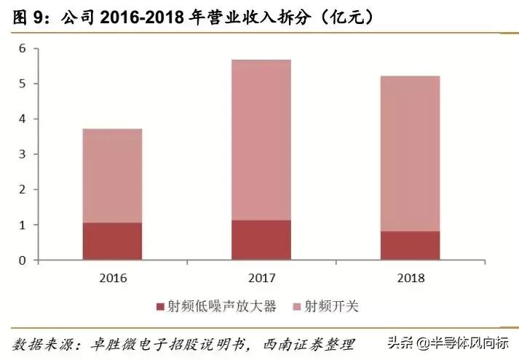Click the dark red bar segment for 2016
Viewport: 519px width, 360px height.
(x=112, y=241)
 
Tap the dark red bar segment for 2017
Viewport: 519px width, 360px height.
(x=261, y=240)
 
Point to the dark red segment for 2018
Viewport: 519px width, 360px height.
(x=410, y=246)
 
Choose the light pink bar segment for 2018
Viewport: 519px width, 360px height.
(x=410, y=153)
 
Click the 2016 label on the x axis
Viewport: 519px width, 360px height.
(x=112, y=278)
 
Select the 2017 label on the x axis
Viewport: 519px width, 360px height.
(x=261, y=278)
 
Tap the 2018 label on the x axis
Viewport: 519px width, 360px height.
(x=410, y=278)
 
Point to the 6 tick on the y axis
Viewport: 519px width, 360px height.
(x=22, y=49)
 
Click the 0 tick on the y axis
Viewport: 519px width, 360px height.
(x=22, y=260)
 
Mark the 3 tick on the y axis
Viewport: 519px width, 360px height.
(x=22, y=154)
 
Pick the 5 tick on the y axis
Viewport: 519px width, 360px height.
(x=22, y=84)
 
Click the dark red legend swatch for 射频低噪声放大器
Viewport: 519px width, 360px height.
(x=160, y=307)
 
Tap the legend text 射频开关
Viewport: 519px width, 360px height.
(x=331, y=307)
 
